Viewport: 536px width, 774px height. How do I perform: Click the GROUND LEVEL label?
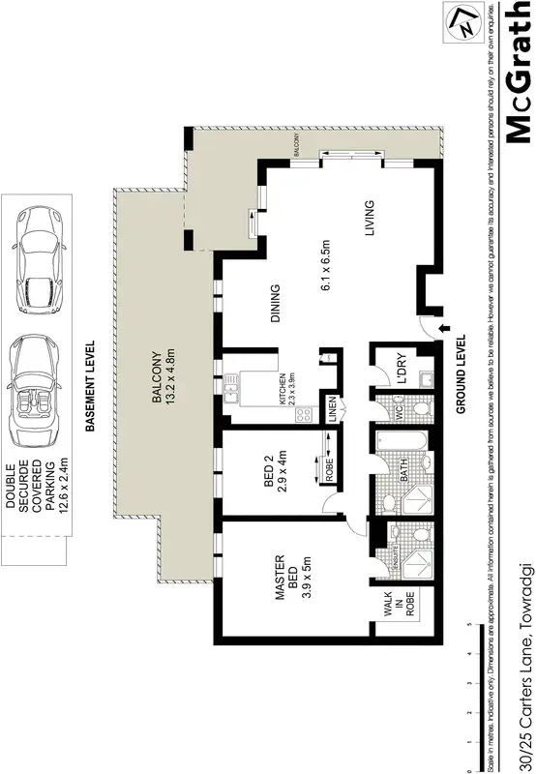click(461, 374)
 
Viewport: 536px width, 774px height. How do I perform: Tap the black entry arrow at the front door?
click(442, 331)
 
